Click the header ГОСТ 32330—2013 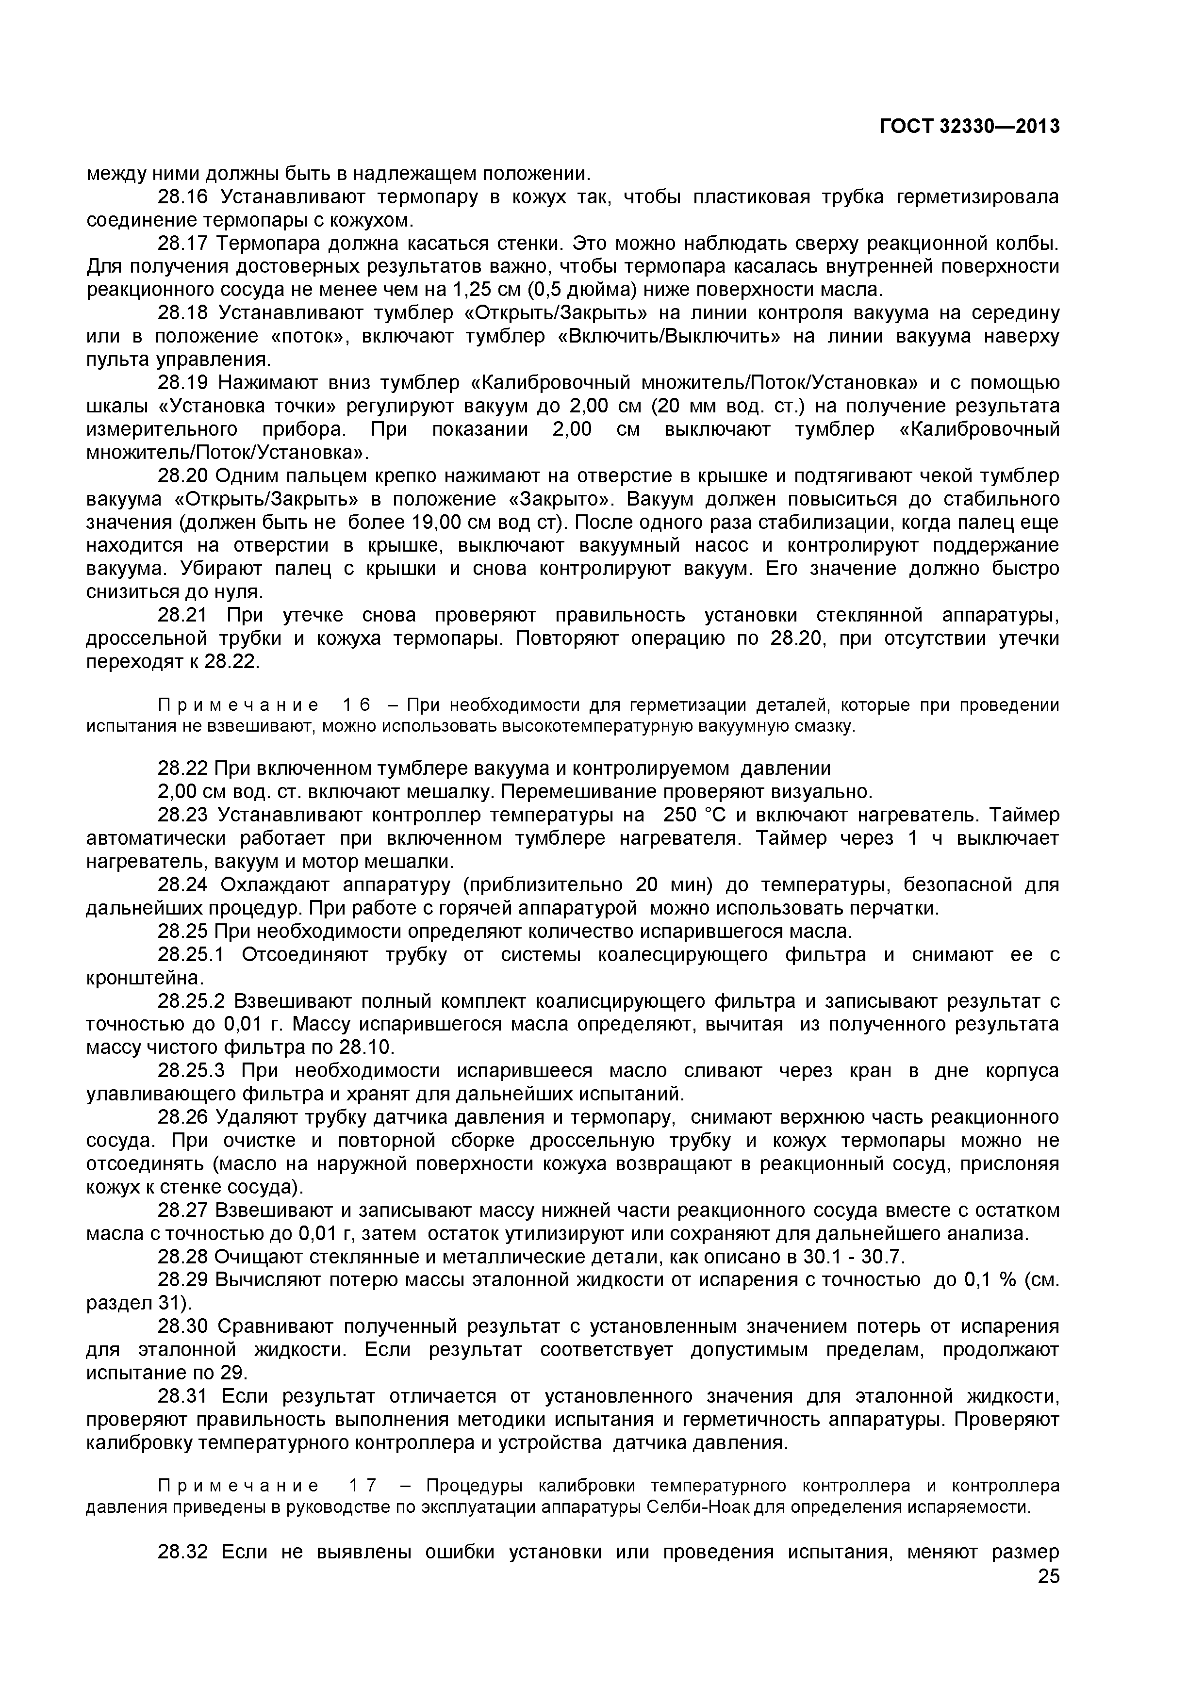click(969, 127)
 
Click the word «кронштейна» click(144, 979)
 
